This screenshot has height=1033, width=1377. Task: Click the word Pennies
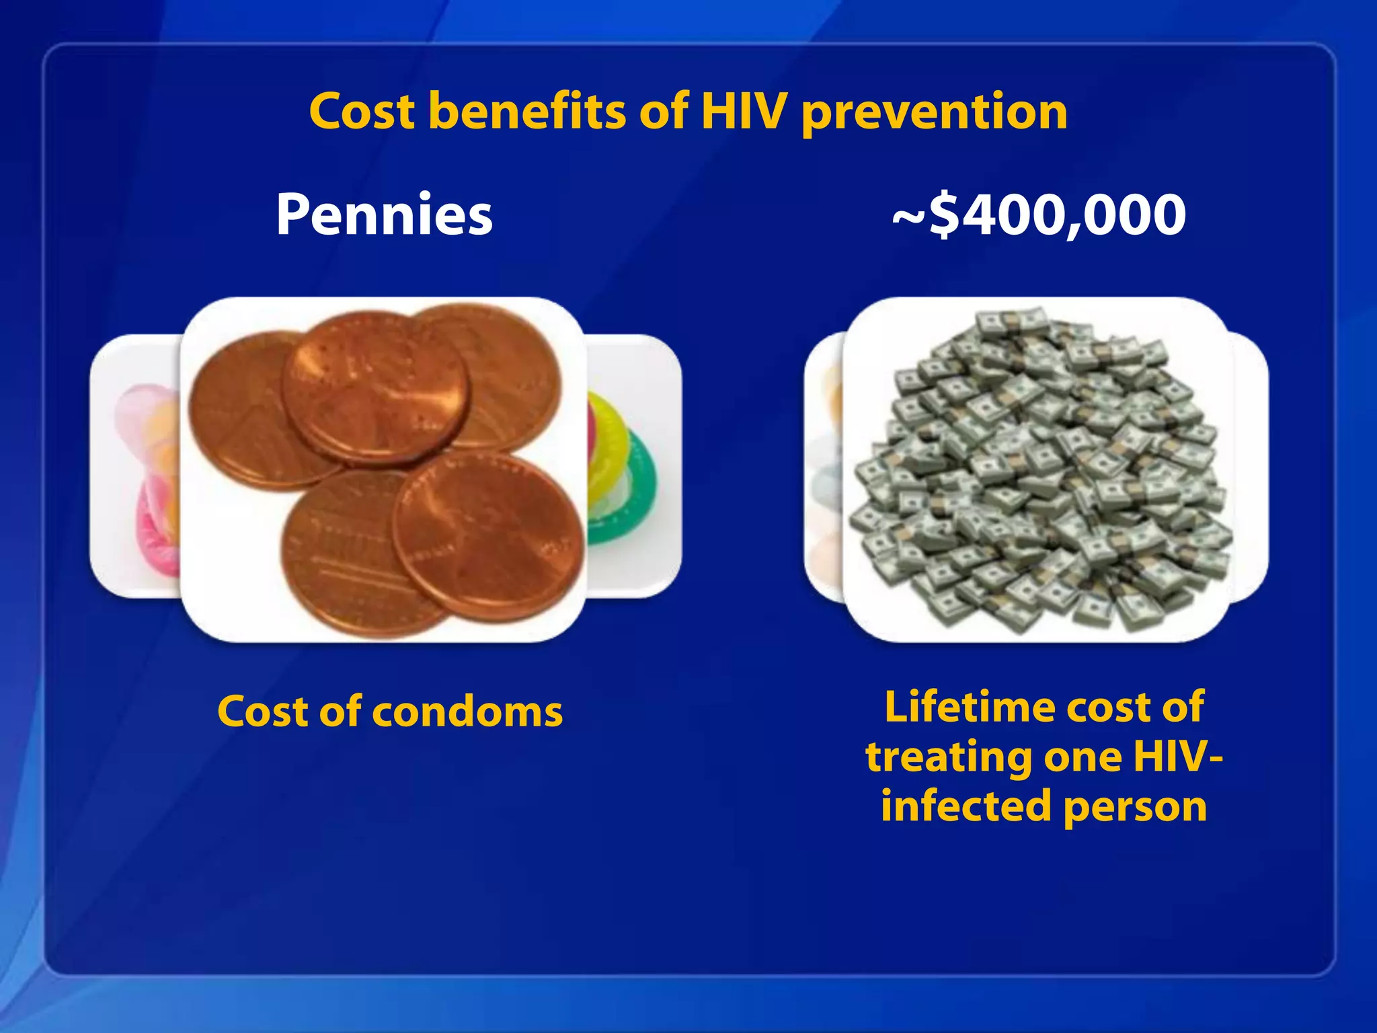pos(384,215)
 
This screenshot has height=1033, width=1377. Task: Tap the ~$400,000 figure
pos(1039,215)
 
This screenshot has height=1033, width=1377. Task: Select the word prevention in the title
pos(935,113)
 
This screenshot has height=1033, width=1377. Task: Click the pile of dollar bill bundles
pos(1039,471)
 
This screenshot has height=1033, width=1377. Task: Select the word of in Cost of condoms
pos(340,712)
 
